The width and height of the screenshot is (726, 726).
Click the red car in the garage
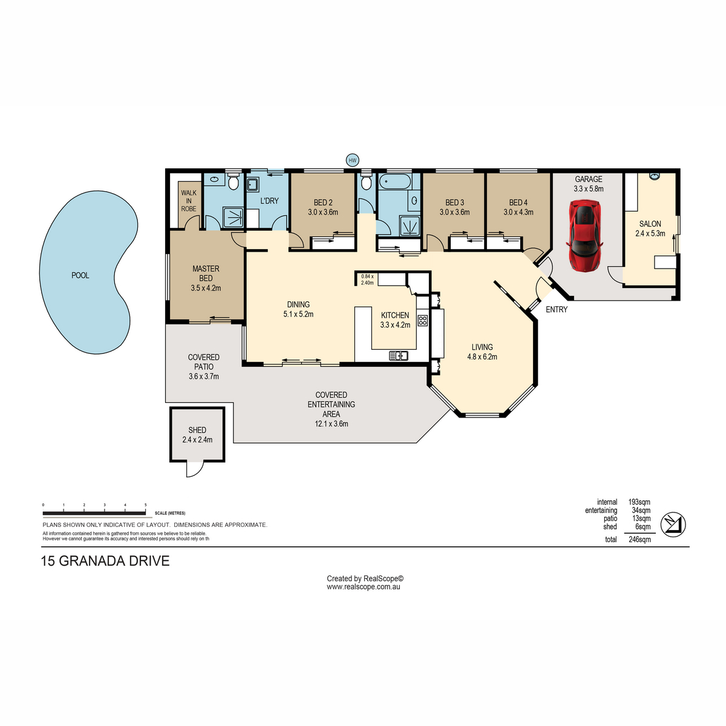point(584,235)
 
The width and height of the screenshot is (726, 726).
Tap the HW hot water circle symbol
point(352,160)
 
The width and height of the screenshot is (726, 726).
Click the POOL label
point(80,275)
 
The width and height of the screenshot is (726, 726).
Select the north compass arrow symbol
point(673,525)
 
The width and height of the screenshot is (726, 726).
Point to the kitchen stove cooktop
point(423,321)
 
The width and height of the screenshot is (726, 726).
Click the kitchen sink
point(399,355)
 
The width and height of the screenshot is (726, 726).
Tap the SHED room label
point(197,430)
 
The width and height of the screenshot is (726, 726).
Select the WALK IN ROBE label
point(189,201)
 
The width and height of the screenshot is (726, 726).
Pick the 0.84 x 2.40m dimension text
point(367,280)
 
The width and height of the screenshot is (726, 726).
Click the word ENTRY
point(557,309)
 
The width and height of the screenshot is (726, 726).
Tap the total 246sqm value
point(639,540)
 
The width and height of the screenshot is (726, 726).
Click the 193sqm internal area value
point(639,502)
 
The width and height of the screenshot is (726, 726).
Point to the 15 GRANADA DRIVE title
point(105,561)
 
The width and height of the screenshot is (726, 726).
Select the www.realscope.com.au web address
point(363,587)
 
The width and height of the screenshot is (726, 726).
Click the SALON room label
point(650,224)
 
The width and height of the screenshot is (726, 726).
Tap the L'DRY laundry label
point(269,201)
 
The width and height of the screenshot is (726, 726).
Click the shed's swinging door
point(194,469)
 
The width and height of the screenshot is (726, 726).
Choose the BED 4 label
point(518,202)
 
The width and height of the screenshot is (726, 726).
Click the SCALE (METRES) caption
point(170,513)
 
